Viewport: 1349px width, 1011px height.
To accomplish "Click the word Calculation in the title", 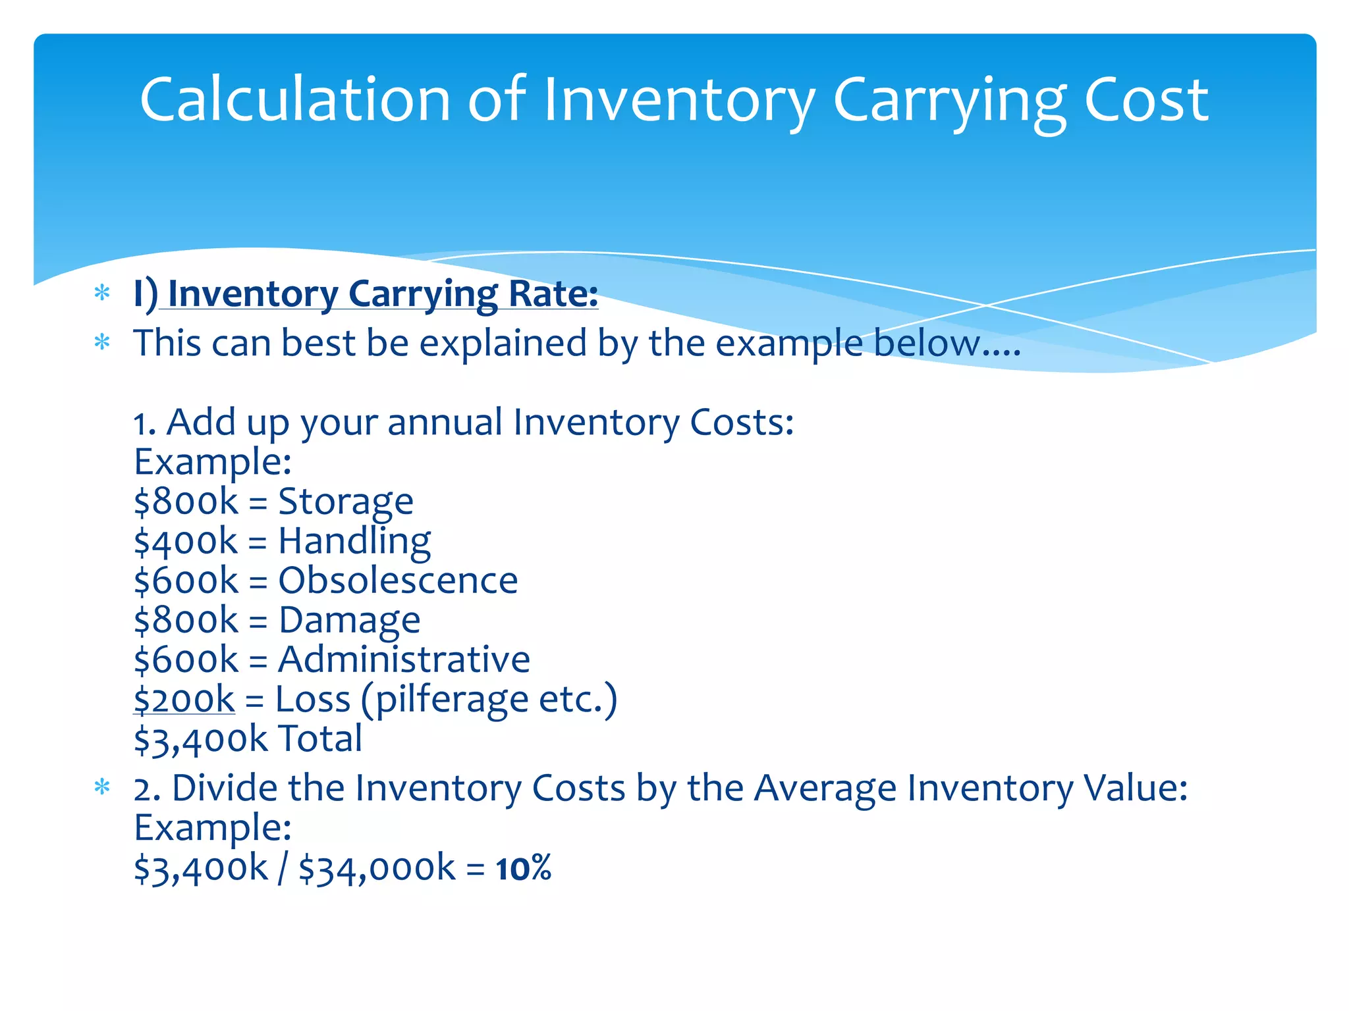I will click(x=294, y=99).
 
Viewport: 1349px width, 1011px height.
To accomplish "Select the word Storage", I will click(x=346, y=502).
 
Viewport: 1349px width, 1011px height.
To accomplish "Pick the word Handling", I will click(x=354, y=542).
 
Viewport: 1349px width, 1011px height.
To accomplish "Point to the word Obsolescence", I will click(x=398, y=581).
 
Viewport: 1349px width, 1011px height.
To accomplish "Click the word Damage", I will click(x=349, y=620).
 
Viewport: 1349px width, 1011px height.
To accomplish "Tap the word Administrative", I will click(x=404, y=660).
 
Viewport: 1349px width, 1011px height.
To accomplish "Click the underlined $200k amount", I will click(x=184, y=699).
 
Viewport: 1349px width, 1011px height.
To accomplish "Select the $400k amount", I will click(x=186, y=542).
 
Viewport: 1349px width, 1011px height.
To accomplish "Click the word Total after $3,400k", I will click(x=320, y=739).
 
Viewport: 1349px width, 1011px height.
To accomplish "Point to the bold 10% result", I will click(x=524, y=868).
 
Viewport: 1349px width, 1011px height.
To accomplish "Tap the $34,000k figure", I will click(x=377, y=868).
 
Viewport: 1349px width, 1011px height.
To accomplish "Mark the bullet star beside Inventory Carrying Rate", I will click(x=102, y=293).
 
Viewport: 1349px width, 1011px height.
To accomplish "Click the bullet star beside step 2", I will click(x=102, y=787).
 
